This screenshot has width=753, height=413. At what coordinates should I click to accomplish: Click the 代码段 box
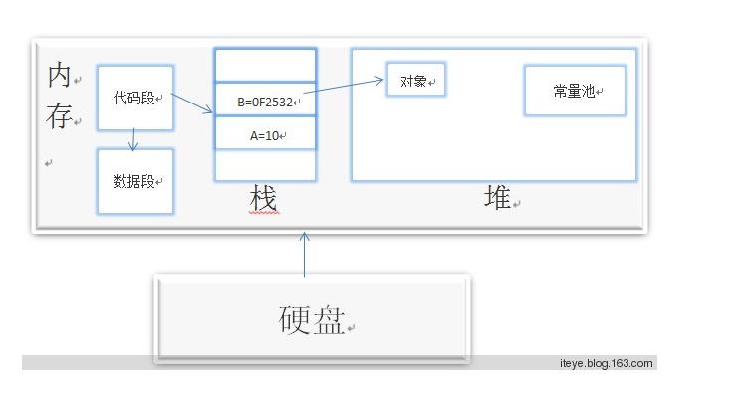135,98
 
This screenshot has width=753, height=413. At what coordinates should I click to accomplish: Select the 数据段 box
135,181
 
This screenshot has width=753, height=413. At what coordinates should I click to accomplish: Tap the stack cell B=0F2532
265,101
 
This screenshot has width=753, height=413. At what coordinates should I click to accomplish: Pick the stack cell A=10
265,134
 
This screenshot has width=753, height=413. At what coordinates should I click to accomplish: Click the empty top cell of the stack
265,65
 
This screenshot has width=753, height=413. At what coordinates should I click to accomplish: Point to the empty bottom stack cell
265,165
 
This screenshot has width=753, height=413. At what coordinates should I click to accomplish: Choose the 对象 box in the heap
415,81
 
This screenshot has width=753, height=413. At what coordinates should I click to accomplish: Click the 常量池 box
575,91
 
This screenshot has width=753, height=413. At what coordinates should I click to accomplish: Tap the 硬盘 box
312,318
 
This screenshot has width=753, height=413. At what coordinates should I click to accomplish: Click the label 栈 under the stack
263,198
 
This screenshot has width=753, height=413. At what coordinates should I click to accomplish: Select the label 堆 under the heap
496,198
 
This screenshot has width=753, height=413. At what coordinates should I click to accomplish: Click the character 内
59,78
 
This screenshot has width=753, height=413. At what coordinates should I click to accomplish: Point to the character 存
58,117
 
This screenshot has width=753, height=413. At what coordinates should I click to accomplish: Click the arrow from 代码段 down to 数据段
133,140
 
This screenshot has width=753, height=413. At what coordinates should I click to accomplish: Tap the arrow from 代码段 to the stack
193,103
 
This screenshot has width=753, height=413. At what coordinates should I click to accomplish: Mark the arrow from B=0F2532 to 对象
344,88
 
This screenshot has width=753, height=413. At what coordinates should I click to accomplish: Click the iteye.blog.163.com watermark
606,363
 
